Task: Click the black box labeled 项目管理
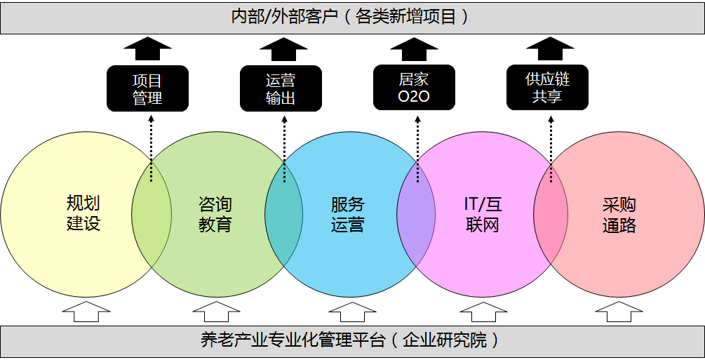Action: click(147, 88)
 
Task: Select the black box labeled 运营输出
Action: click(281, 88)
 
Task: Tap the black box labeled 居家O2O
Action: click(414, 87)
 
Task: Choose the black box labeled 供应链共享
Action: click(548, 87)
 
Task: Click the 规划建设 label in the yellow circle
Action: click(83, 213)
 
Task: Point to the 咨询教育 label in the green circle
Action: click(215, 215)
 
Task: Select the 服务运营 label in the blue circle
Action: click(347, 215)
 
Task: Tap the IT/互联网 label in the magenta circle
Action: click(483, 215)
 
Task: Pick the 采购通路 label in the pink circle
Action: click(619, 215)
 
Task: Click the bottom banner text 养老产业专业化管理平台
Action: click(293, 340)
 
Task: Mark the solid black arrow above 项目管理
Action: click(147, 48)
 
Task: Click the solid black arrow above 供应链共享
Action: click(551, 48)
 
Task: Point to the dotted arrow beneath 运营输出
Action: click(284, 149)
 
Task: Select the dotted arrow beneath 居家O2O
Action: click(417, 149)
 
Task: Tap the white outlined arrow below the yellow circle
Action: click(86, 312)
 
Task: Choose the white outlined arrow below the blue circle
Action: click(352, 312)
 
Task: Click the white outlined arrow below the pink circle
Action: click(619, 312)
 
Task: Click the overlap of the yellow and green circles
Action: click(152, 214)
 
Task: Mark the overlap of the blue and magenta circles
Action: click(416, 214)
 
